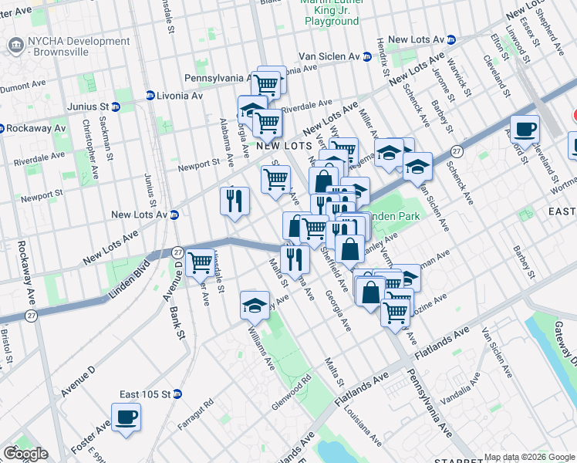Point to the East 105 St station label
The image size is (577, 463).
coord(144,394)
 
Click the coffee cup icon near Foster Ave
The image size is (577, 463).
coord(126,417)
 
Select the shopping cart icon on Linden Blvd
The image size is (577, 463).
coord(201,262)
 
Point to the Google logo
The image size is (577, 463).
coord(25,454)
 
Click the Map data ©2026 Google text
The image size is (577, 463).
coord(529,457)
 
